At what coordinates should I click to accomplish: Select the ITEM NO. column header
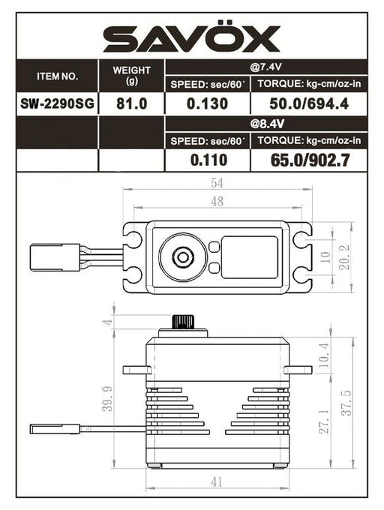57,76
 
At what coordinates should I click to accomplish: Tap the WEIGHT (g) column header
131,76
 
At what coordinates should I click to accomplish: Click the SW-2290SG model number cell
57,104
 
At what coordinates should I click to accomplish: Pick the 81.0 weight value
131,104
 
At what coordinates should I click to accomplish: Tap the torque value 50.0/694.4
310,104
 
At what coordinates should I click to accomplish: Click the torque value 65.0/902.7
310,159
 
